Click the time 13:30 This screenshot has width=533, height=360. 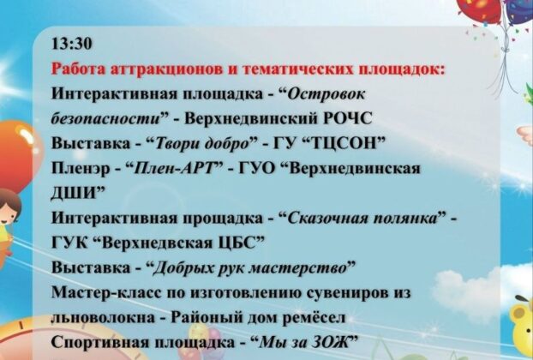pyautogui.click(x=72, y=45)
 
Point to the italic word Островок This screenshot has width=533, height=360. pyautogui.click(x=326, y=94)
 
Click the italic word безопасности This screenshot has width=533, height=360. pyautogui.click(x=105, y=118)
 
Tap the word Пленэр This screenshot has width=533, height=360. pyautogui.click(x=81, y=169)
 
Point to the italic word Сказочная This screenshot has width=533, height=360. pyautogui.click(x=327, y=219)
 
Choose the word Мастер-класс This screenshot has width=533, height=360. pyautogui.click(x=107, y=292)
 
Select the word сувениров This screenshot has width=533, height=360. pyautogui.click(x=347, y=292)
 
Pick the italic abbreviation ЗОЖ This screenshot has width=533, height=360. pyautogui.click(x=329, y=342)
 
